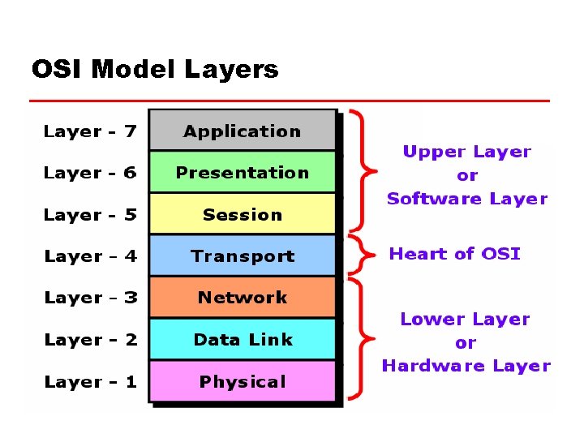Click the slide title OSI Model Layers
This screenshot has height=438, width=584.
tap(154, 70)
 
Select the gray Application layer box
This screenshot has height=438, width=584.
tap(242, 131)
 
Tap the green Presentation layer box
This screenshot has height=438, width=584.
tap(242, 172)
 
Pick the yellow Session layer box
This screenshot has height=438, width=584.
tap(242, 214)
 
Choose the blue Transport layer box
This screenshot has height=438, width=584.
tap(242, 256)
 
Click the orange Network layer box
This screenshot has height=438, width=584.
tap(242, 298)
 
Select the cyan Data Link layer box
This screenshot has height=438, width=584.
tap(242, 340)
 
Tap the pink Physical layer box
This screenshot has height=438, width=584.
tap(242, 381)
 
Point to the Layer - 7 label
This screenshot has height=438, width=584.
tap(90, 131)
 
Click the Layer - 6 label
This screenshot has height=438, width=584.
tap(90, 173)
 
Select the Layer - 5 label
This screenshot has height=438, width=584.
tap(90, 215)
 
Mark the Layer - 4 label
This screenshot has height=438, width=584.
tap(90, 256)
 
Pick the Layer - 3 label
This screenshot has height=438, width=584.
tap(90, 298)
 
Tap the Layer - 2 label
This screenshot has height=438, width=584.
tap(90, 340)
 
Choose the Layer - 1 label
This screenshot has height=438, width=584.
tap(90, 382)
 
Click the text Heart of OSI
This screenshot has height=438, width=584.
tap(454, 254)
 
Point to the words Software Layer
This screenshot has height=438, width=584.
tap(466, 199)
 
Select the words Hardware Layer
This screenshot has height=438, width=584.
tap(466, 366)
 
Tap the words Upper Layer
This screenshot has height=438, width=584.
tap(466, 152)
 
